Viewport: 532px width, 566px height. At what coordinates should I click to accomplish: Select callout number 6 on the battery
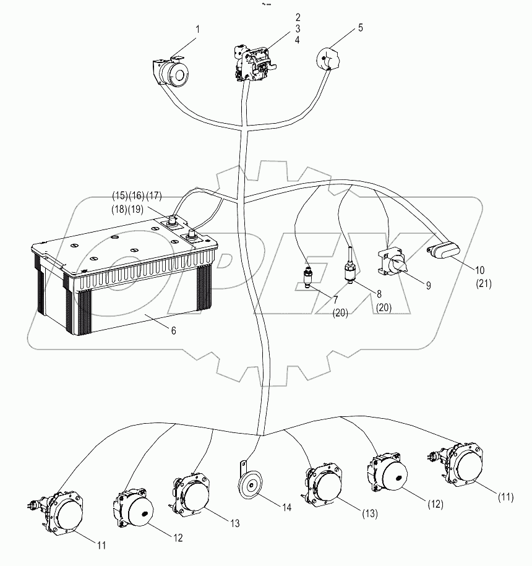pos(174,331)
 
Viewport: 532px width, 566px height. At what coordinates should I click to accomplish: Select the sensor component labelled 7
pos(307,277)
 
